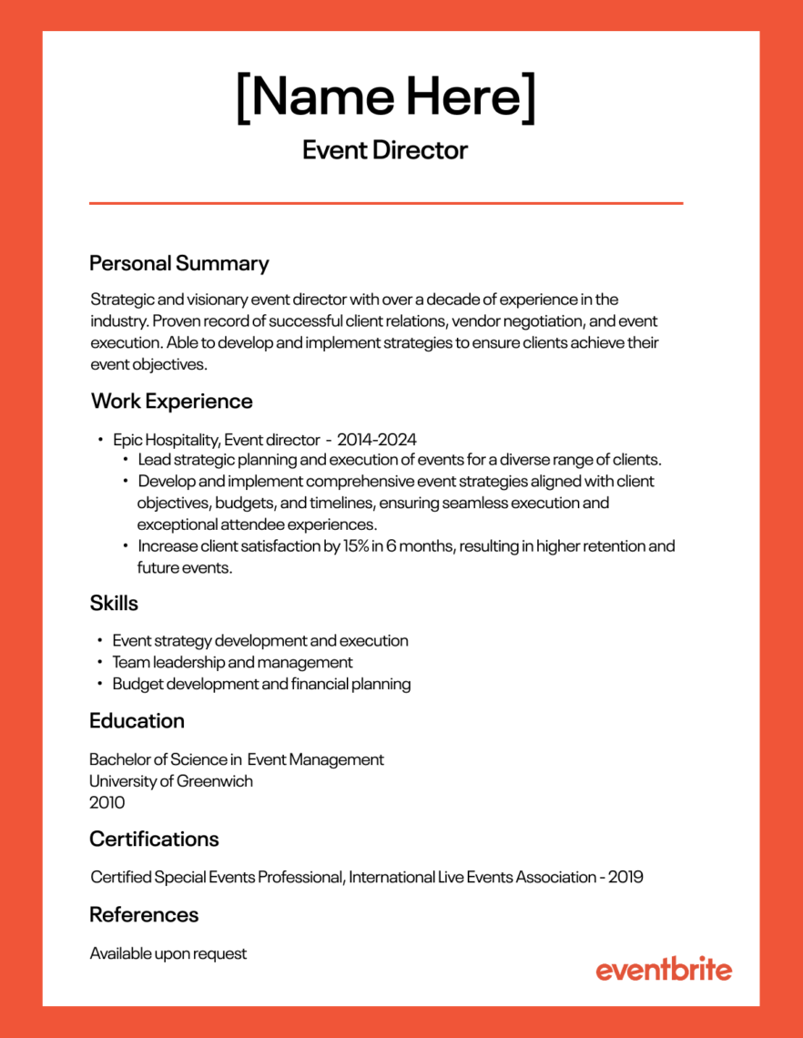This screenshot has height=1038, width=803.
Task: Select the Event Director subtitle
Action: tap(385, 150)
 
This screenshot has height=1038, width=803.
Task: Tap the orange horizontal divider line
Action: tap(385, 203)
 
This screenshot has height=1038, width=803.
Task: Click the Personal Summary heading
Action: tap(179, 264)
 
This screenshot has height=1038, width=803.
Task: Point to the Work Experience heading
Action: tap(171, 402)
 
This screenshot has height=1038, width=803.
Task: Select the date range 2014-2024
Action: tap(376, 439)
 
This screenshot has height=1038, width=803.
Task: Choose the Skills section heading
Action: tap(114, 603)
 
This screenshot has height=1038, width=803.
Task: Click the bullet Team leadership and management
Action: tap(232, 663)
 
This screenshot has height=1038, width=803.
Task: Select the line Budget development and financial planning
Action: tap(261, 684)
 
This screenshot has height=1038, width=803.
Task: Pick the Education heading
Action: tap(137, 721)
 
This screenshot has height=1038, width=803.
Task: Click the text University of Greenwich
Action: tap(171, 781)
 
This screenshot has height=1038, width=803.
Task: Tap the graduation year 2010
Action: tap(107, 803)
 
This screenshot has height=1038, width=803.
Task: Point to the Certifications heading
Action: tap(154, 839)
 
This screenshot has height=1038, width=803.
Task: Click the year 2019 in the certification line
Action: tap(625, 878)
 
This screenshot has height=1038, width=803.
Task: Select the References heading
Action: tap(144, 914)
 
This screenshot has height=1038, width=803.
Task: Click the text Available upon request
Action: tap(168, 954)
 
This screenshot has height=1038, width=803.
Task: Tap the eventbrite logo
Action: tap(664, 970)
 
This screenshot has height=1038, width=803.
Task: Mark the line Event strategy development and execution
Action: tap(260, 641)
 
